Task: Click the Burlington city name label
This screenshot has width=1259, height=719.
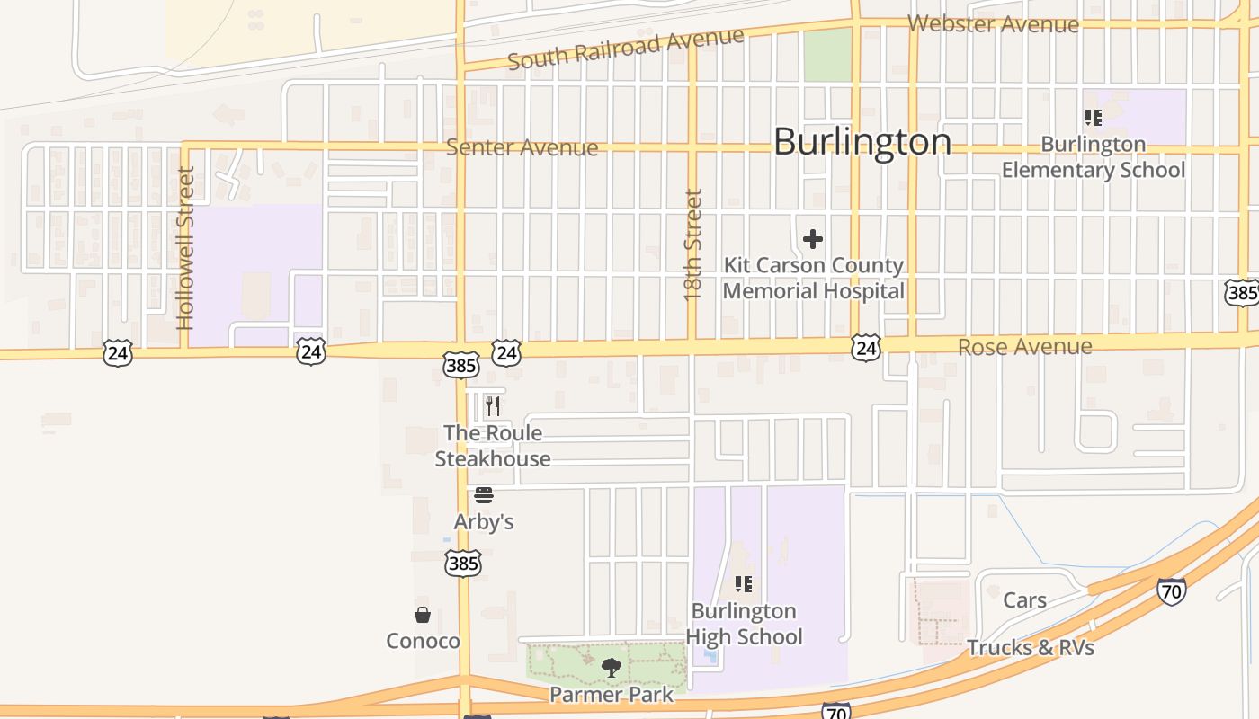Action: click(862, 142)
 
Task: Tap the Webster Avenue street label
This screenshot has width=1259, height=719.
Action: click(993, 24)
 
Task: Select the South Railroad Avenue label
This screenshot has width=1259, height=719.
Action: click(626, 49)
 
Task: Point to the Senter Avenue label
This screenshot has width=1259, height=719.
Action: click(522, 147)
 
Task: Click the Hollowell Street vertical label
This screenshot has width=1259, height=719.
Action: click(186, 248)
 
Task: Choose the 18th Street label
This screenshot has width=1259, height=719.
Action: click(692, 244)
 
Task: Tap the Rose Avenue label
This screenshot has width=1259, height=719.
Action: click(1024, 347)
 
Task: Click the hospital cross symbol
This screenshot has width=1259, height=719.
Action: click(813, 239)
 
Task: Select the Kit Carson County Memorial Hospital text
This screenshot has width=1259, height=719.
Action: click(813, 279)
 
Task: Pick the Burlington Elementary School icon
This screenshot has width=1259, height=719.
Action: click(1094, 118)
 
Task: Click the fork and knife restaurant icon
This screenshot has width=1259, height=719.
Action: click(492, 406)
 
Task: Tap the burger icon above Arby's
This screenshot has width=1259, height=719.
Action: click(484, 495)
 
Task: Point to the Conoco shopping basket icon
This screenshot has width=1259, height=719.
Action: click(423, 615)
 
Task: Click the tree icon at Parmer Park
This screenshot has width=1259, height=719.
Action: click(612, 667)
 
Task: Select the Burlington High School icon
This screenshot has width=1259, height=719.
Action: click(744, 584)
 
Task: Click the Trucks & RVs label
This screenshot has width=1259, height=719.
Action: click(1031, 647)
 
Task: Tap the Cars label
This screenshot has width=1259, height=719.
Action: click(1024, 600)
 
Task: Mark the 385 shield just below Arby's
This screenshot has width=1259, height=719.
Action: click(462, 564)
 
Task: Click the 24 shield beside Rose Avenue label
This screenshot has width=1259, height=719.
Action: click(865, 348)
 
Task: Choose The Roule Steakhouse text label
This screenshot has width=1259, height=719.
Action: click(493, 446)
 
